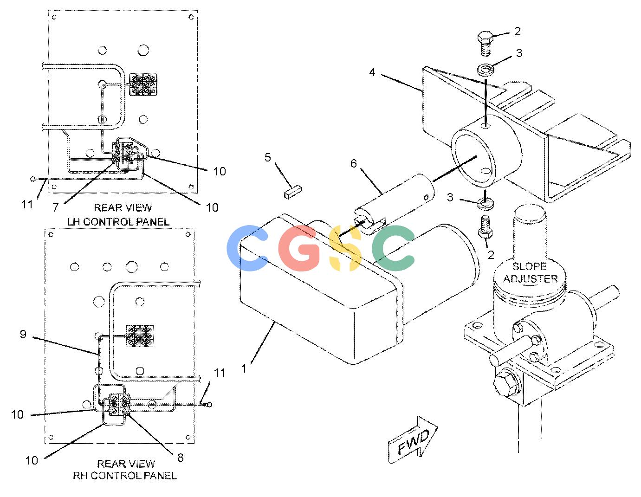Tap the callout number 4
[372, 72]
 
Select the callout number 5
[267, 157]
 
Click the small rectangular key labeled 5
[293, 192]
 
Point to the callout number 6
[353, 163]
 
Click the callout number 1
[244, 368]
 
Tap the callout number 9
[23, 334]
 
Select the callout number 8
[180, 458]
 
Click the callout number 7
[55, 207]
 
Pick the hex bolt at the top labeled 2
[485, 44]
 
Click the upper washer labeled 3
[486, 70]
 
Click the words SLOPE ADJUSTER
[530, 272]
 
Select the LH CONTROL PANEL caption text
[118, 222]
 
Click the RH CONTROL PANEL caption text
[125, 475]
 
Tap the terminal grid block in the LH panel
[143, 84]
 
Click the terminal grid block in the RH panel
[140, 336]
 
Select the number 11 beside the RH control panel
[220, 373]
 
